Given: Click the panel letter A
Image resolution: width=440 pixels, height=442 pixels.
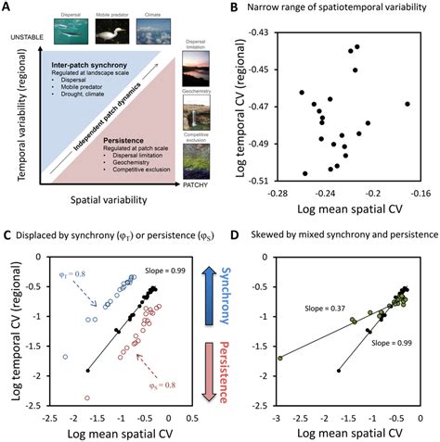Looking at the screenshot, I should coord(9,8).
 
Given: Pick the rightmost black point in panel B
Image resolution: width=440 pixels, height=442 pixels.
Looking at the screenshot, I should coord(407,104).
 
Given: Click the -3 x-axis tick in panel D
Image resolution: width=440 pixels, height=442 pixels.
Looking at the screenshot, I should coord(278,418).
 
